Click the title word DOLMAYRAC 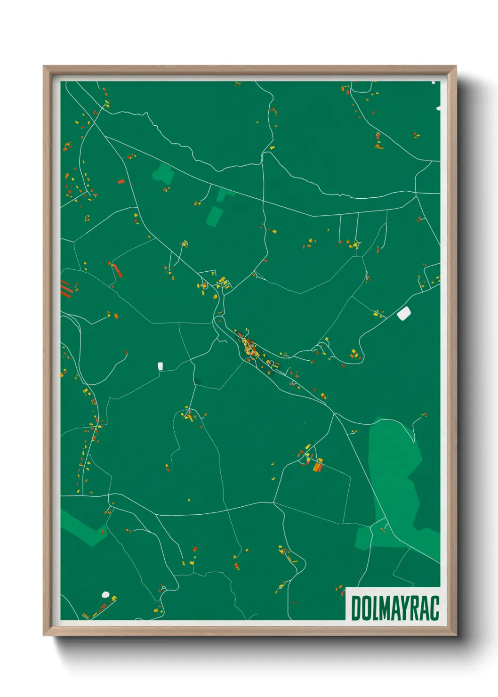(395, 608)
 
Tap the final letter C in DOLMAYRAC (434, 608)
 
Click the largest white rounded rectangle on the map (404, 313)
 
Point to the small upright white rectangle (160, 366)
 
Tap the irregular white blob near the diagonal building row (105, 595)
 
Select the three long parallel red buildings (67, 288)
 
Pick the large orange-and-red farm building (319, 466)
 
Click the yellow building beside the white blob (113, 599)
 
